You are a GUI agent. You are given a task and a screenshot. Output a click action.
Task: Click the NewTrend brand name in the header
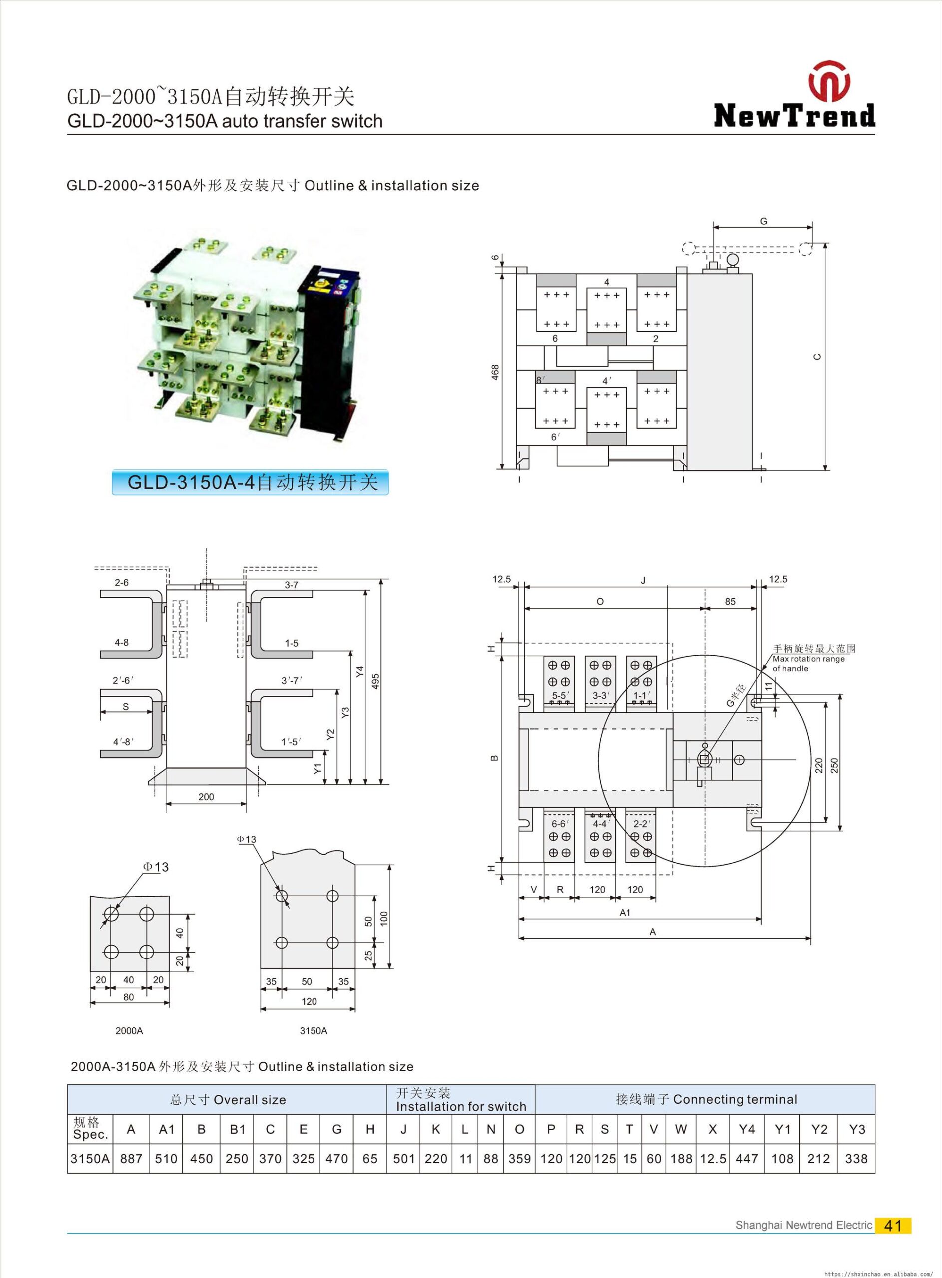click(x=794, y=115)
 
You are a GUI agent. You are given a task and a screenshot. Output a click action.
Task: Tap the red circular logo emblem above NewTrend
click(x=829, y=80)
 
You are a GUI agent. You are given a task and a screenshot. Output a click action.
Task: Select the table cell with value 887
click(x=131, y=1158)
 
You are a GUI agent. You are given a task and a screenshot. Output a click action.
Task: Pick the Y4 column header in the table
click(x=746, y=1129)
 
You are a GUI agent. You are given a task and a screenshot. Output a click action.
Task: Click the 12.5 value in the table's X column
click(x=713, y=1158)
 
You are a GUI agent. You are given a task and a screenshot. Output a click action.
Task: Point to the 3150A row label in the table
click(x=90, y=1158)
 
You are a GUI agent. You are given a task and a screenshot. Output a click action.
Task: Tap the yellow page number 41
click(x=893, y=1225)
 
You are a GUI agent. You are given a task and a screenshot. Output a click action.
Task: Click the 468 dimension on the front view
click(x=495, y=372)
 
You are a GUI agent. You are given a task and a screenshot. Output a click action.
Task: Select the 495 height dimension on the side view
click(x=375, y=681)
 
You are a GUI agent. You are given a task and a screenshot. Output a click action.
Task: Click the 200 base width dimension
click(x=206, y=797)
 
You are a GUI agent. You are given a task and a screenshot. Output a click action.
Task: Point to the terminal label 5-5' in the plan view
click(x=560, y=696)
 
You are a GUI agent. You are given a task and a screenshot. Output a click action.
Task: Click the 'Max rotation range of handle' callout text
click(x=809, y=664)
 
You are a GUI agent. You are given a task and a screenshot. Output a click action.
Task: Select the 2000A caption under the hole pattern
click(x=129, y=1030)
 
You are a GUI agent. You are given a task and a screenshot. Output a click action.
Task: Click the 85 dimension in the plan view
click(x=730, y=601)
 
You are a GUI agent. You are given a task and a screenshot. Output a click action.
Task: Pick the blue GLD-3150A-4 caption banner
click(x=250, y=482)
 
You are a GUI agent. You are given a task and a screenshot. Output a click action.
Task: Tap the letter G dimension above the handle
click(x=763, y=221)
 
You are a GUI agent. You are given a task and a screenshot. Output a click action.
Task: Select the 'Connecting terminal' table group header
click(x=705, y=1099)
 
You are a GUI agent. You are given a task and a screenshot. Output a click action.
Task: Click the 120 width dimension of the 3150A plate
click(x=309, y=1001)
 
